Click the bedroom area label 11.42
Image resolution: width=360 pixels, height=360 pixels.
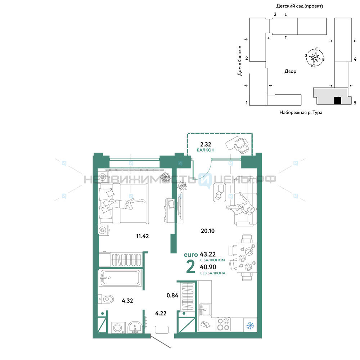tap(142, 236)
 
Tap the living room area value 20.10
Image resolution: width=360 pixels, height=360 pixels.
tap(208, 231)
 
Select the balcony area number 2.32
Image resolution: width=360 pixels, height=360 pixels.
tap(206, 144)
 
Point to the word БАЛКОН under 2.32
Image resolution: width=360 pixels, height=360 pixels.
tap(206, 150)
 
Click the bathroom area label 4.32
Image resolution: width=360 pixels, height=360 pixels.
tap(127, 301)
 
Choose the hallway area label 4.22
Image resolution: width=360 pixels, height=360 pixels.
tap(161, 313)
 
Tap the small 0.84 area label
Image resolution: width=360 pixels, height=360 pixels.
tap(172, 296)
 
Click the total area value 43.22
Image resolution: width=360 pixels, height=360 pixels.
tap(208, 254)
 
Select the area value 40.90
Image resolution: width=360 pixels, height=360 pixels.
tap(208, 267)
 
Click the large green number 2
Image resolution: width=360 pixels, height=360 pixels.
tap(190, 266)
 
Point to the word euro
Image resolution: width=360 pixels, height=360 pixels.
tap(191, 255)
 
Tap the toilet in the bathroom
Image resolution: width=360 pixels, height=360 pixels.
tap(106, 299)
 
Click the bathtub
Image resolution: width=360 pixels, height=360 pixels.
tap(120, 278)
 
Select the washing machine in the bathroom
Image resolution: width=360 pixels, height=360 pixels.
tap(118, 327)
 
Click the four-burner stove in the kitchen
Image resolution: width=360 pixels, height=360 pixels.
tap(224, 324)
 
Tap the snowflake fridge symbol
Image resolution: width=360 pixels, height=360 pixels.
tap(250, 325)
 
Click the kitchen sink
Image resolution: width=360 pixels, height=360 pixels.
tap(205, 310)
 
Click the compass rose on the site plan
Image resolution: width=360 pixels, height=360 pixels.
tap(315, 57)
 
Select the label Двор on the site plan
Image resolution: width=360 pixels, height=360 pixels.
tap(290, 71)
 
